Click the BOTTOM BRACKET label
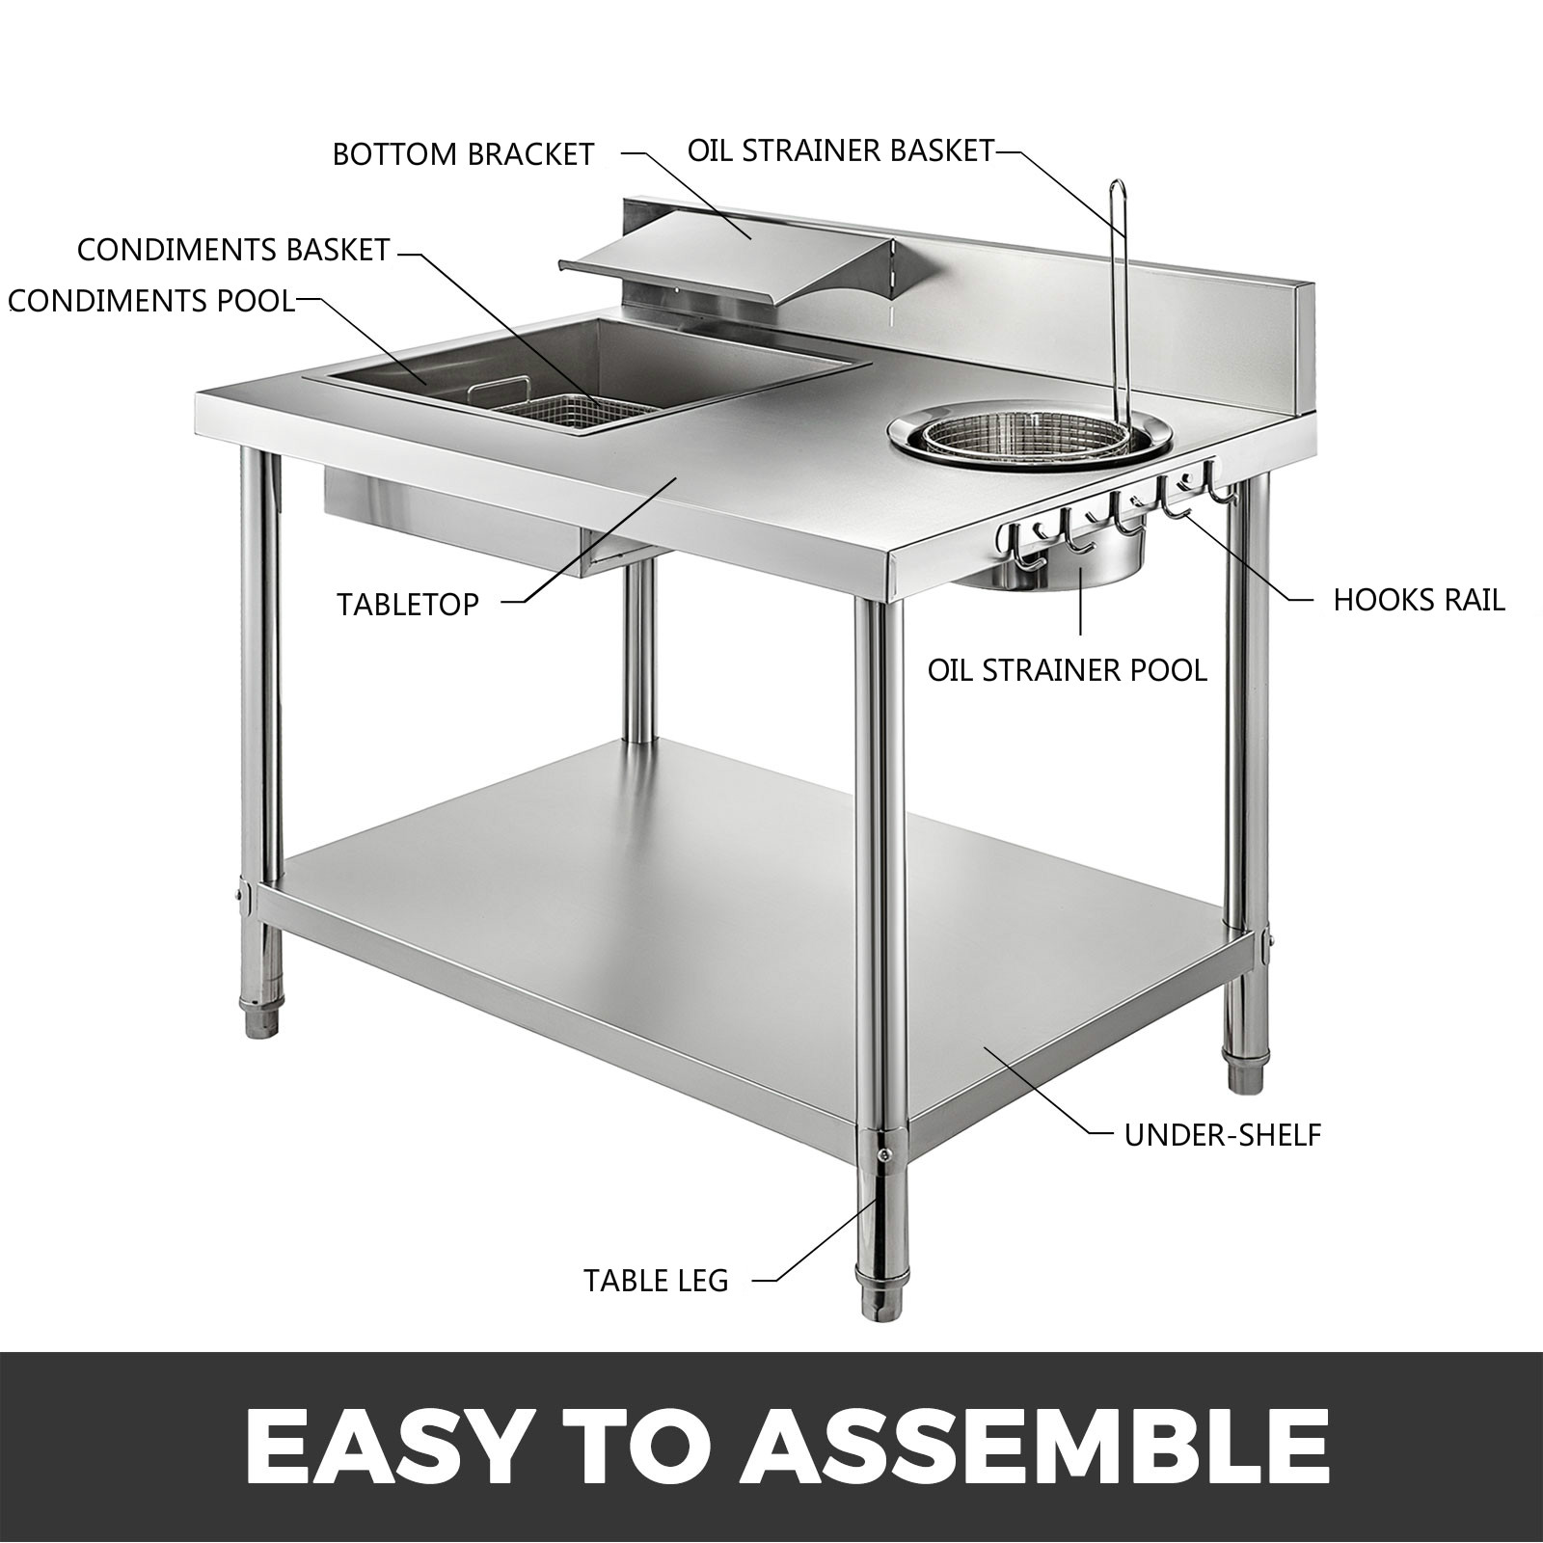tap(463, 154)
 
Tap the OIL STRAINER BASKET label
tap(840, 150)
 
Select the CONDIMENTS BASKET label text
tap(232, 250)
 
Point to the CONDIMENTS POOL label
tap(151, 301)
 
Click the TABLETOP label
tap(408, 605)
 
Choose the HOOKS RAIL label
tap(1419, 600)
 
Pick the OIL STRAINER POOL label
tap(1067, 670)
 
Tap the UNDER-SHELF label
tap(1222, 1135)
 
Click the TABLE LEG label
tap(656, 1281)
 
